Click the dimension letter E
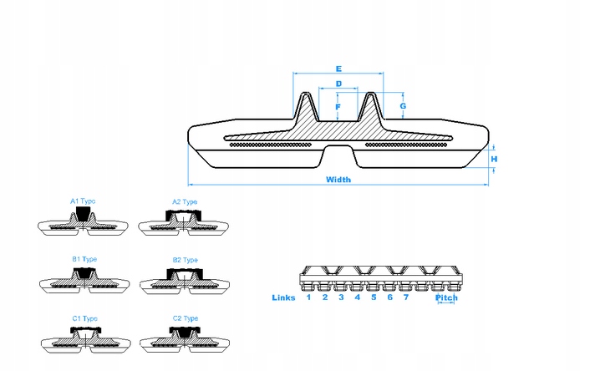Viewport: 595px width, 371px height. pyautogui.click(x=338, y=68)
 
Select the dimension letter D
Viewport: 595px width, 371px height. pyautogui.click(x=338, y=84)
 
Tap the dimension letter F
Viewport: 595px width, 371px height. pyautogui.click(x=338, y=107)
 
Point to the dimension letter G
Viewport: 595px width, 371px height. pyautogui.click(x=403, y=107)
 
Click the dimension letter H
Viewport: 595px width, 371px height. pyautogui.click(x=495, y=159)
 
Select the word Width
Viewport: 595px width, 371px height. pyautogui.click(x=338, y=180)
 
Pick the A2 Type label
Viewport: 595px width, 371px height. pyautogui.click(x=185, y=201)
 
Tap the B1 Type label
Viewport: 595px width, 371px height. pyautogui.click(x=84, y=259)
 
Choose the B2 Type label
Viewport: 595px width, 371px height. pyautogui.click(x=185, y=260)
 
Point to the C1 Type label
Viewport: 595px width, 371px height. pyautogui.click(x=84, y=318)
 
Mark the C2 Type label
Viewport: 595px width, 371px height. pyautogui.click(x=185, y=318)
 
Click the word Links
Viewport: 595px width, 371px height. pyautogui.click(x=284, y=297)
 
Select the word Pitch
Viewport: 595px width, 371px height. pyautogui.click(x=447, y=298)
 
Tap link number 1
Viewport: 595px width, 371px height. pyautogui.click(x=308, y=297)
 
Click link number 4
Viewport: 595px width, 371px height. pyautogui.click(x=357, y=297)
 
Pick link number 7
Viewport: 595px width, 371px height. pyautogui.click(x=406, y=297)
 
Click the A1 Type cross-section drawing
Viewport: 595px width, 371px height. pyautogui.click(x=83, y=222)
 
